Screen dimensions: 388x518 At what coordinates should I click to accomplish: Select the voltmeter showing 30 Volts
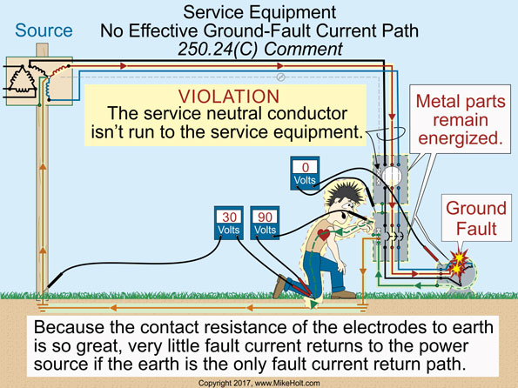[x=231, y=222]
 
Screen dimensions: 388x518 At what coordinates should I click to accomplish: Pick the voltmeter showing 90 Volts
[x=264, y=222]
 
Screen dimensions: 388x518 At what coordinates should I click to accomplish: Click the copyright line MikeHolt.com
[x=259, y=382]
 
